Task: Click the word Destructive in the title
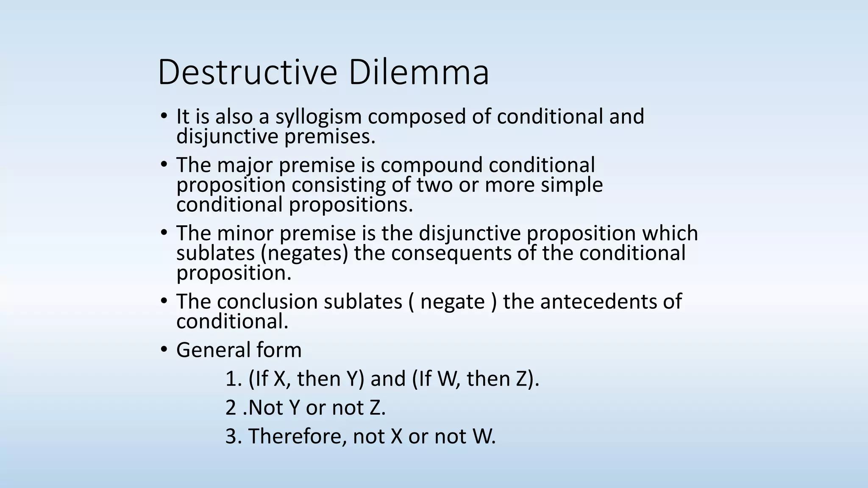[247, 72]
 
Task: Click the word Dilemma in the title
[419, 72]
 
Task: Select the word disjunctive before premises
[227, 136]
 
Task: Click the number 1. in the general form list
[234, 379]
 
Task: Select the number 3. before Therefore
[234, 436]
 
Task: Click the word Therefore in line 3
[297, 436]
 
